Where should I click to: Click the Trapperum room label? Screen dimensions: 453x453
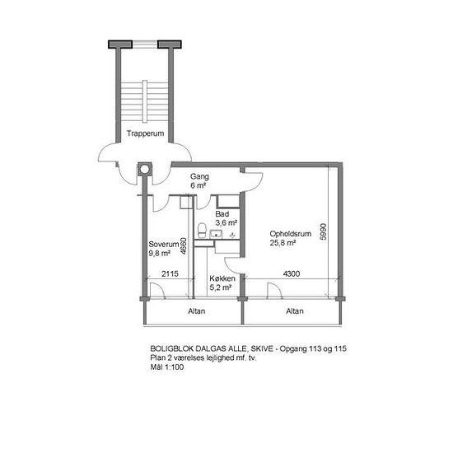click(145, 133)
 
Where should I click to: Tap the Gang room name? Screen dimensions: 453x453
click(199, 176)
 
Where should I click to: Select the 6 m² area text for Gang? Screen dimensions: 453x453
click(198, 185)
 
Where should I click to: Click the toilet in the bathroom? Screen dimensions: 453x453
click(202, 231)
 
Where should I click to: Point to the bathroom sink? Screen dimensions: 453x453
click(216, 234)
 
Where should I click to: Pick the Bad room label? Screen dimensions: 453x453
click(222, 214)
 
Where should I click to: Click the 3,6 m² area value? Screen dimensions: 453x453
click(226, 223)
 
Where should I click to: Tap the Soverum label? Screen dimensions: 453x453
click(164, 244)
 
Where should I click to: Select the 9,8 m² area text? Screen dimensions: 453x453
click(160, 254)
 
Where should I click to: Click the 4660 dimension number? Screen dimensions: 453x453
click(184, 246)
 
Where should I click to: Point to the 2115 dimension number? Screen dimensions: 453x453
click(170, 273)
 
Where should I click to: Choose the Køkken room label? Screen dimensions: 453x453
click(222, 278)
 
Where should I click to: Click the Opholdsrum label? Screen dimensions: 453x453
click(291, 234)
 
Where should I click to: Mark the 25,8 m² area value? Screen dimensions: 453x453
click(283, 243)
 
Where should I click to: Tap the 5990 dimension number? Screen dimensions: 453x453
click(324, 231)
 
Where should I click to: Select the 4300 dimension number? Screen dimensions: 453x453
click(292, 273)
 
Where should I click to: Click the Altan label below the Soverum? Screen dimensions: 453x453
click(197, 311)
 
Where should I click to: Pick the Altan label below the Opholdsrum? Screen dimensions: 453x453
click(295, 311)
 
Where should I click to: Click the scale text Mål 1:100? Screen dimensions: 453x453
click(167, 367)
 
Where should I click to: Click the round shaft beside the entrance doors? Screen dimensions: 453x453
click(145, 169)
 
